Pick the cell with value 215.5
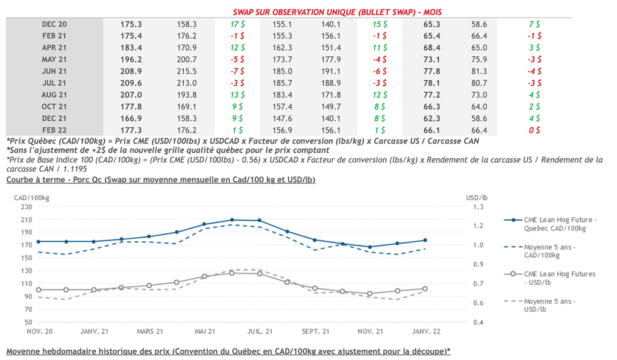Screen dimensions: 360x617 coord(187,71)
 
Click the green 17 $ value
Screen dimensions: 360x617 coord(237,24)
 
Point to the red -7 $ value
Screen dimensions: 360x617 coord(237,71)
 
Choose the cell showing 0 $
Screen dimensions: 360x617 coord(534,130)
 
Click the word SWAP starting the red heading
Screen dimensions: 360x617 coord(246,13)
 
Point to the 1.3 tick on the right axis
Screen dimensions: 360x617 coord(479,207)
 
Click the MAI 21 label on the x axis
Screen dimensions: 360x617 coord(205,332)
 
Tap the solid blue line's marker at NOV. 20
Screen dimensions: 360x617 coord(39,241)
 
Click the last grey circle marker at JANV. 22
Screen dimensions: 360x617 coord(425,289)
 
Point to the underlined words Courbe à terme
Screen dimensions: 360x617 coord(35,180)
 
